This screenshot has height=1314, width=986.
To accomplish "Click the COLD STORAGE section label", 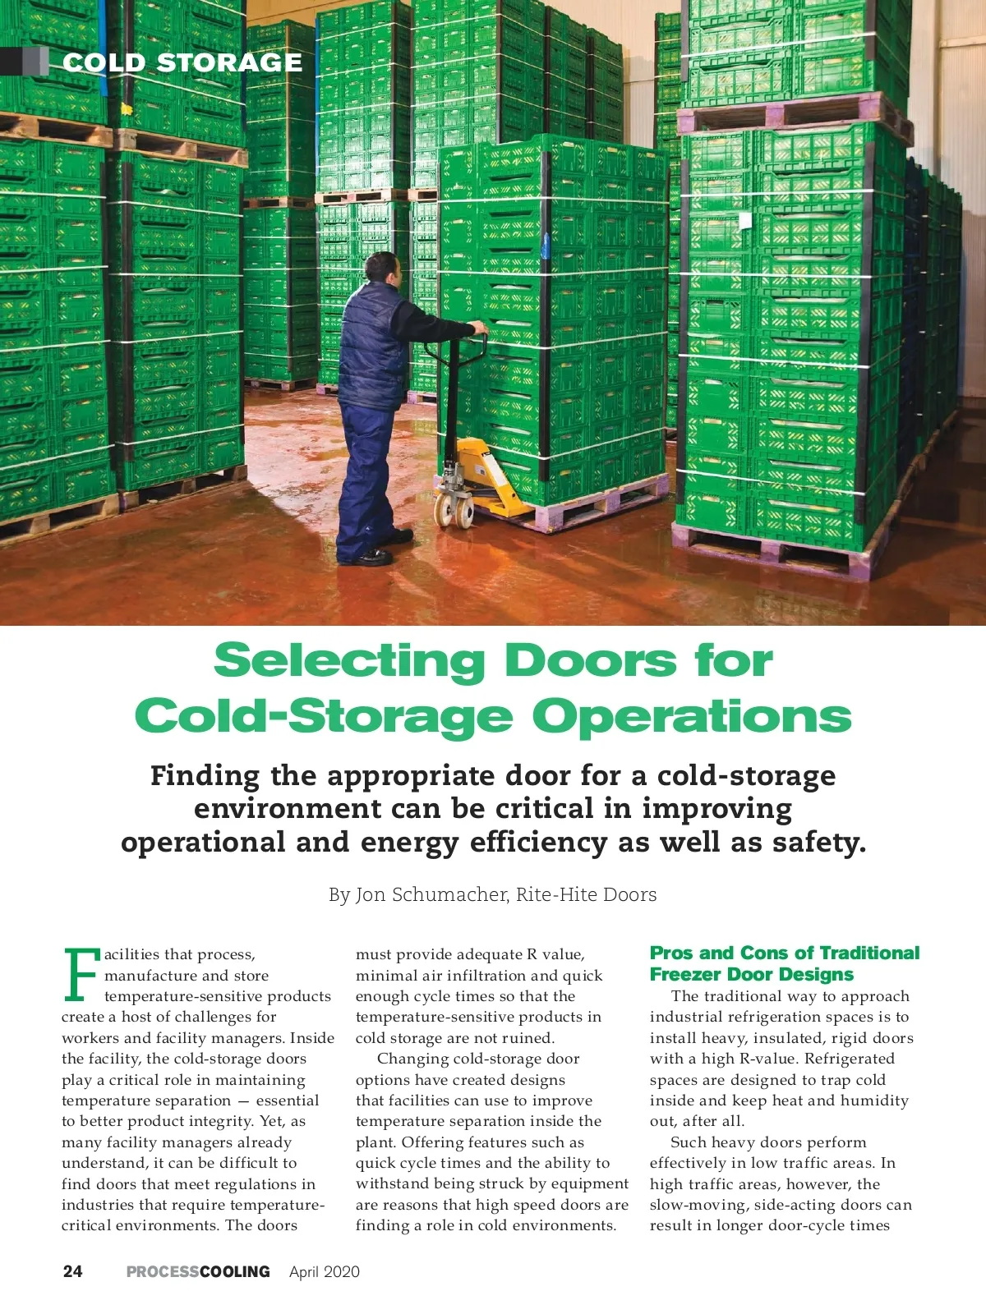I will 182,62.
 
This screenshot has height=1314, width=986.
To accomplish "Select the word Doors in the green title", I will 590,661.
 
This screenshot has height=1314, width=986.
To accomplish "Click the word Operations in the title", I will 692,716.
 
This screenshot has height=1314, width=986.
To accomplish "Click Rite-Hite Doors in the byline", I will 586,894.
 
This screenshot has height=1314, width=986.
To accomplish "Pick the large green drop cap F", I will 80,976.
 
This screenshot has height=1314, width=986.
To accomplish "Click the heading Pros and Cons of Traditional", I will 784,953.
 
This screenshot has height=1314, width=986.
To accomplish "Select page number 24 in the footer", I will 72,1271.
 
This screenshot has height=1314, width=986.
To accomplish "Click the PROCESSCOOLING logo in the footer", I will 198,1271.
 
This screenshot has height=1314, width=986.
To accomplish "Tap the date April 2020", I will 325,1271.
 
